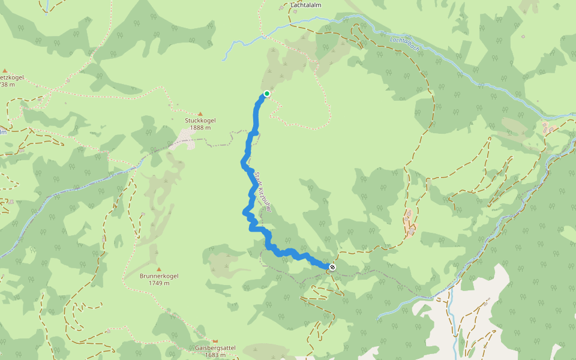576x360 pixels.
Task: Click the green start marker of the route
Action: pyautogui.click(x=266, y=94)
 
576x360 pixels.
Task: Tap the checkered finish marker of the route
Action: pyautogui.click(x=332, y=267)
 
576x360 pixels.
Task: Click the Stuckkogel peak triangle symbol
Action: pyautogui.click(x=200, y=113)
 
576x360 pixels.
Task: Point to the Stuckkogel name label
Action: pyautogui.click(x=200, y=121)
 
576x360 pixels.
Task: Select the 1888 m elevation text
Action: pyautogui.click(x=200, y=128)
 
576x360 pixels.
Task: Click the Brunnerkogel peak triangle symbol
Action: pyautogui.click(x=158, y=269)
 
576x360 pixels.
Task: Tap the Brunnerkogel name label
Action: pyautogui.click(x=158, y=276)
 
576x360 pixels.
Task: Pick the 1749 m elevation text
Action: pyautogui.click(x=158, y=283)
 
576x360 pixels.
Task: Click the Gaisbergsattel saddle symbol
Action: pyautogui.click(x=215, y=341)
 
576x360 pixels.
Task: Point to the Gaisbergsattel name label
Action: pyautogui.click(x=215, y=348)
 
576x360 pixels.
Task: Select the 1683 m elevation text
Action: pyautogui.click(x=215, y=355)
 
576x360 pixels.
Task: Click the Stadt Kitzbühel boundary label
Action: pyautogui.click(x=260, y=192)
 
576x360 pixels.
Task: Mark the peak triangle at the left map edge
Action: pyautogui.click(x=4, y=70)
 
